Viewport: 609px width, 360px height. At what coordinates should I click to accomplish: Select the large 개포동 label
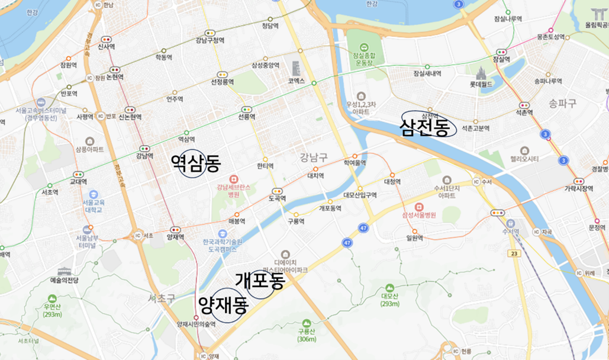click(260, 280)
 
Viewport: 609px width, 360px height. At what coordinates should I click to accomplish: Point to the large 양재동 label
click(223, 306)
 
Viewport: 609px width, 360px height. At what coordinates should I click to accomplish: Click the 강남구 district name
click(313, 157)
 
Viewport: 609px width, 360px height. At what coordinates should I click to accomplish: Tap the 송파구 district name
click(562, 102)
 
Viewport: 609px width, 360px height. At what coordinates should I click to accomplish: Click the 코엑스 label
click(296, 81)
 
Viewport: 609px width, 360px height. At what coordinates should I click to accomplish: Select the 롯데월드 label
click(481, 85)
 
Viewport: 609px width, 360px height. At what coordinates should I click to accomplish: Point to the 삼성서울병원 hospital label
click(418, 216)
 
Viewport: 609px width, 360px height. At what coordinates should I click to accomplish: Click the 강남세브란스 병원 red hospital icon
click(233, 179)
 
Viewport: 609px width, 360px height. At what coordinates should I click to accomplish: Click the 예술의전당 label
click(64, 279)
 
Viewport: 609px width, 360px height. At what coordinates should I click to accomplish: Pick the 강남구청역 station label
click(210, 40)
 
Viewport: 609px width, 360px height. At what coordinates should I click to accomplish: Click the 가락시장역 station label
click(578, 189)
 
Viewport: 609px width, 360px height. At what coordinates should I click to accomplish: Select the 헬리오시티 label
click(525, 159)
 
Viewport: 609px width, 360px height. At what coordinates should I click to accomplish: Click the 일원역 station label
click(414, 238)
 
